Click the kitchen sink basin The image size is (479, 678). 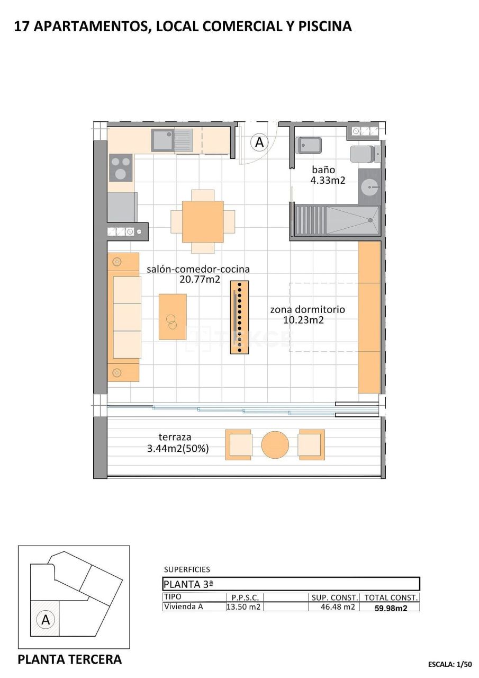point(162,140)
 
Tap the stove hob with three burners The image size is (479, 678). point(121,167)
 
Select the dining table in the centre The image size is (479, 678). point(203,221)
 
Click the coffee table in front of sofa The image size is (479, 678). point(173,317)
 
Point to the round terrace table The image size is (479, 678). point(275,444)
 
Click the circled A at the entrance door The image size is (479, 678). point(259,142)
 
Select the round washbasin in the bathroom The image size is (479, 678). point(370,186)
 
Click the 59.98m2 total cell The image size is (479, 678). point(391,608)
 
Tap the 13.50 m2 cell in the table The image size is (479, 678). point(243,607)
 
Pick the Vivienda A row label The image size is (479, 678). point(183,607)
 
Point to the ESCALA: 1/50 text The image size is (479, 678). point(449,664)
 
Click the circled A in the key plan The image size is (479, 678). point(46,619)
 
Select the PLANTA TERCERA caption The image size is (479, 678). point(69,659)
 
